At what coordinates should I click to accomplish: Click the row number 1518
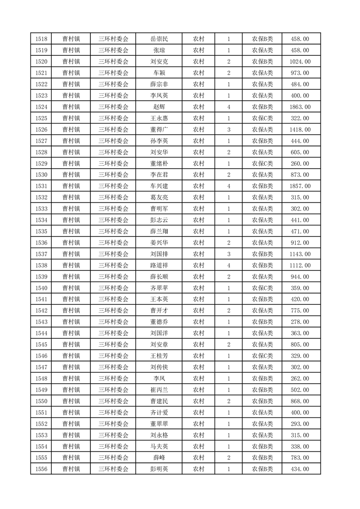41,39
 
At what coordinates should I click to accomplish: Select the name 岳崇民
159,39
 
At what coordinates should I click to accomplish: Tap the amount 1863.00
300,107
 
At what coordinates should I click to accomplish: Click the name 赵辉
159,107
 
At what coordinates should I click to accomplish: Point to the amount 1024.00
300,62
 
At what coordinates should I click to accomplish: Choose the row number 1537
41,254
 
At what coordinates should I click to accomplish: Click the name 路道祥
159,265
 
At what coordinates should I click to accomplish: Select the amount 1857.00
300,186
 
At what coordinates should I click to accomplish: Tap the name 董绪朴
159,164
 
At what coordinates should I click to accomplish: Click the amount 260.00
300,164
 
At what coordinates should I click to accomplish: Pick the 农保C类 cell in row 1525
262,118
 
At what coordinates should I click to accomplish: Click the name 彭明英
159,469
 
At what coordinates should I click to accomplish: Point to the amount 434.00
300,469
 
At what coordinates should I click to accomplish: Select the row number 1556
41,469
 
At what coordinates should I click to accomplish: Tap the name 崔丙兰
159,390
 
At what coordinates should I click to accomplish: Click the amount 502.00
300,390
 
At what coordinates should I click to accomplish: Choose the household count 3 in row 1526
228,130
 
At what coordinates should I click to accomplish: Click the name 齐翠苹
159,288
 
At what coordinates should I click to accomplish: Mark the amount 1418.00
300,130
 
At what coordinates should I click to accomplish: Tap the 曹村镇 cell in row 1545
71,345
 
